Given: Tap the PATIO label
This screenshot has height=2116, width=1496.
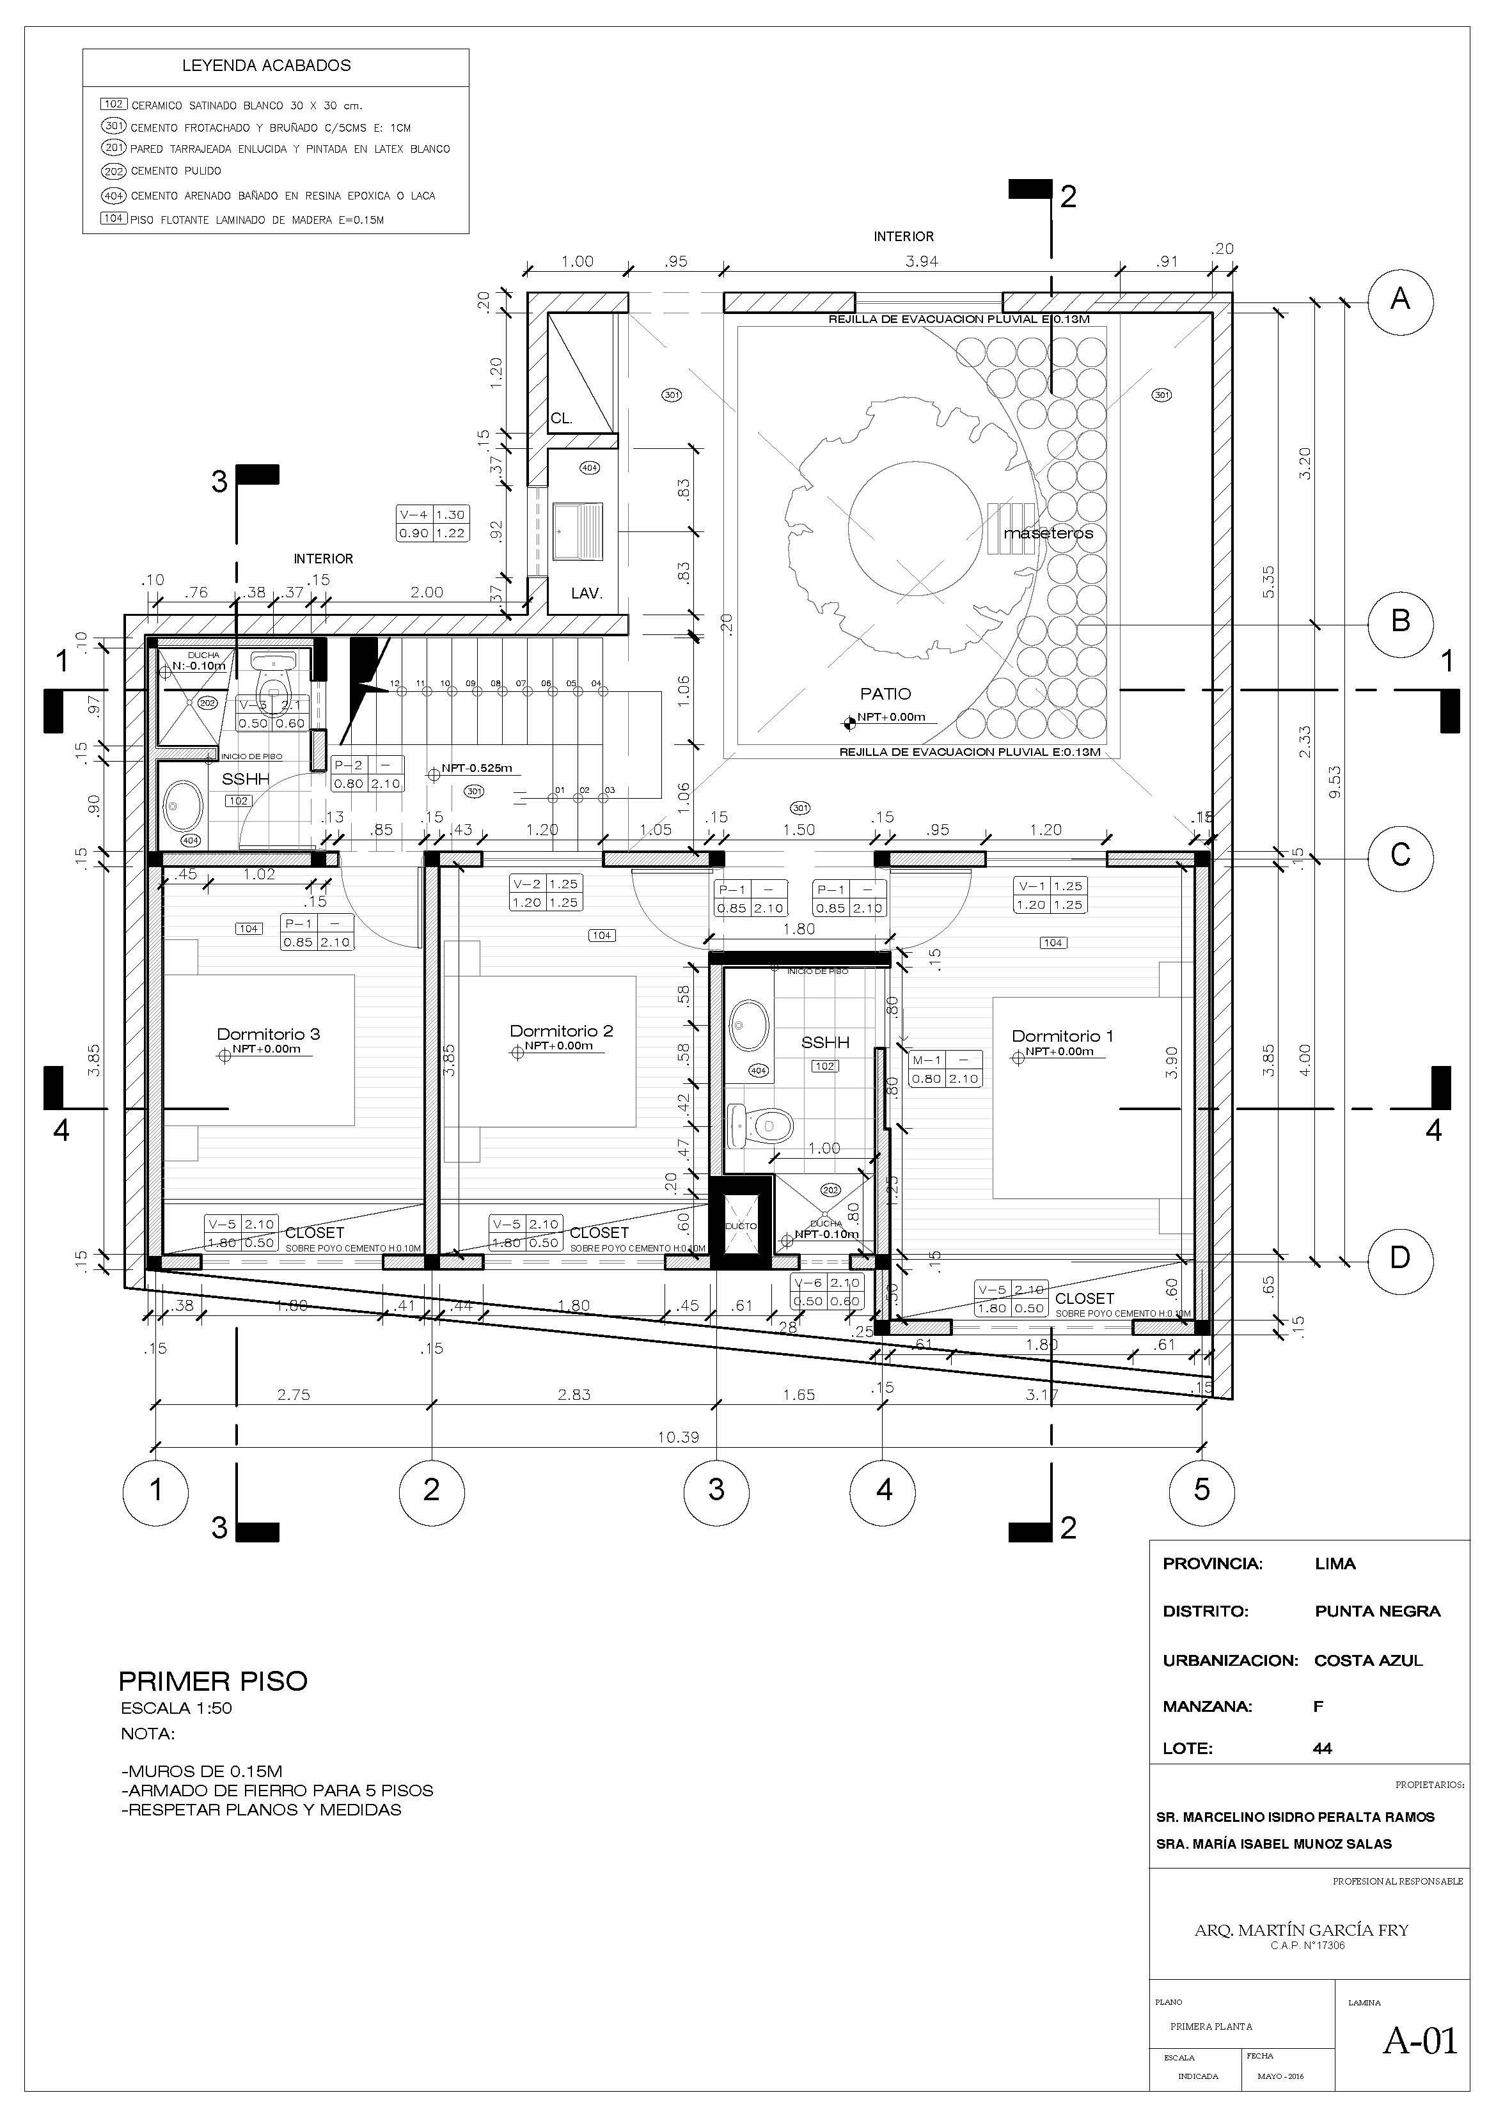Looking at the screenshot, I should point(885,693).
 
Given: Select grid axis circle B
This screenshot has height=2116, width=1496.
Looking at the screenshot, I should point(1399,621).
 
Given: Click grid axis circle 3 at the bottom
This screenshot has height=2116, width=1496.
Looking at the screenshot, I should point(716,1490).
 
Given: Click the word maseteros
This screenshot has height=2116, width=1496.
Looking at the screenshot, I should point(1048,533).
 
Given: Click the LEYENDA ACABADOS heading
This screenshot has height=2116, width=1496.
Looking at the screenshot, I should point(266,65).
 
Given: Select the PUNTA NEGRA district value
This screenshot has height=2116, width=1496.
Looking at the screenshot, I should point(1377,1611).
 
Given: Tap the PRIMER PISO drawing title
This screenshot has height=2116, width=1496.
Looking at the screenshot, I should point(213,1680).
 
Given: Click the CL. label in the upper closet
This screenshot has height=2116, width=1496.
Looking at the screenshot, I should point(562,418).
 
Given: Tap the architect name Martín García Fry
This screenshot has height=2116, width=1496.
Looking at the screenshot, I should point(1300,1931).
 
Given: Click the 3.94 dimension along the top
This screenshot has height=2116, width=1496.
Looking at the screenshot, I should point(921,261).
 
